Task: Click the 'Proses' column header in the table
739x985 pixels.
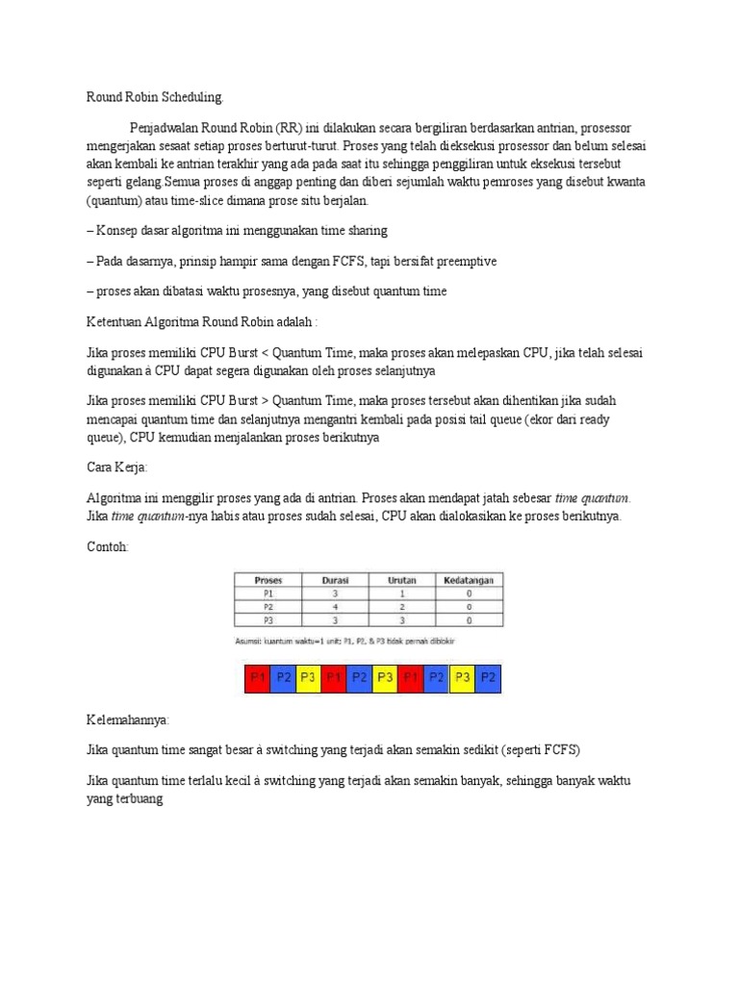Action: [268, 580]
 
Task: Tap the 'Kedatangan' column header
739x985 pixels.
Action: [468, 580]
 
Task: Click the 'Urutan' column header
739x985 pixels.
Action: [401, 580]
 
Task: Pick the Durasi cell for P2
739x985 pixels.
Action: [335, 607]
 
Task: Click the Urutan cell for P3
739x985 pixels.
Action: [401, 620]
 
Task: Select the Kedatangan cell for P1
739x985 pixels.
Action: [468, 594]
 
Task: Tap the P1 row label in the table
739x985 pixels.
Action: [268, 594]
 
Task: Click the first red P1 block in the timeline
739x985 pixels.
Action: [257, 677]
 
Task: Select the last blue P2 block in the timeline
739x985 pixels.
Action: [489, 677]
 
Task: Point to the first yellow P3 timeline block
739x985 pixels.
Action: [308, 677]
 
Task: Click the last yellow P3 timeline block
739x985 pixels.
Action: [463, 677]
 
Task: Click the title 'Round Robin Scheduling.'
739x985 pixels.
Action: [155, 97]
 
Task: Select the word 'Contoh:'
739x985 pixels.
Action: [107, 546]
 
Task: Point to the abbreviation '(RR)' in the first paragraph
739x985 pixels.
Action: [288, 128]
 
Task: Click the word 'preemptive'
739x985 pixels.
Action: [465, 261]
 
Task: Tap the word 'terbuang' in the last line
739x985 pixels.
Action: [139, 798]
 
